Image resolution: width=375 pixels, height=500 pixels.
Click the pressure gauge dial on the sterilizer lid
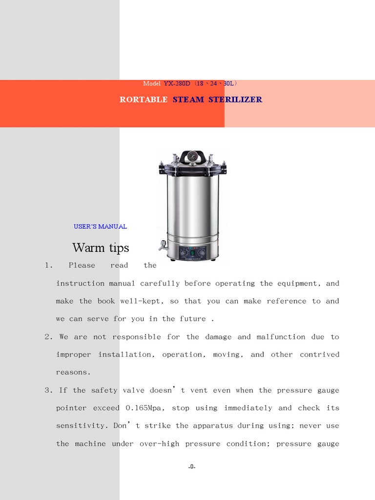[192, 157]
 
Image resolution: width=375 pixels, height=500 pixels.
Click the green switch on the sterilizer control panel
[193, 252]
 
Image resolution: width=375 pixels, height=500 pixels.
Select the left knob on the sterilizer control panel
[183, 253]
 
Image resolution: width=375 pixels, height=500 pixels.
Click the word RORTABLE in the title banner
[144, 100]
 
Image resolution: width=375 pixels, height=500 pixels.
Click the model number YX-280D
[177, 84]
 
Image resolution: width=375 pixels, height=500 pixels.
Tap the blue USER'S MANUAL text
[100, 227]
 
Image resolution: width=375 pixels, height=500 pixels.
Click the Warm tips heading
[101, 248]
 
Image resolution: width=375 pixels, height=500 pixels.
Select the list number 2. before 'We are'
[48, 337]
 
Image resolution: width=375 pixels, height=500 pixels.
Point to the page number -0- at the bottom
[192, 467]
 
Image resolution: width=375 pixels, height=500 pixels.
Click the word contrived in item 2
[319, 354]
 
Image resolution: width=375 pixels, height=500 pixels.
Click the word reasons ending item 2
[73, 372]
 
